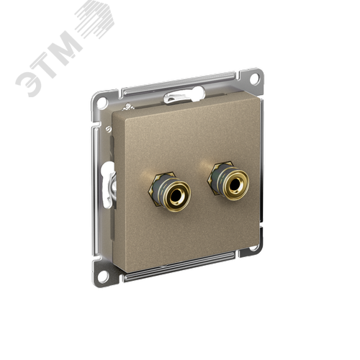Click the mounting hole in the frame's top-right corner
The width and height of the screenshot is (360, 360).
click(x=254, y=78)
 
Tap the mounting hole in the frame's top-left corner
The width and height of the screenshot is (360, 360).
click(x=102, y=102)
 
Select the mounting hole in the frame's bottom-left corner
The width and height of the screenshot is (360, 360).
click(x=104, y=274)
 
